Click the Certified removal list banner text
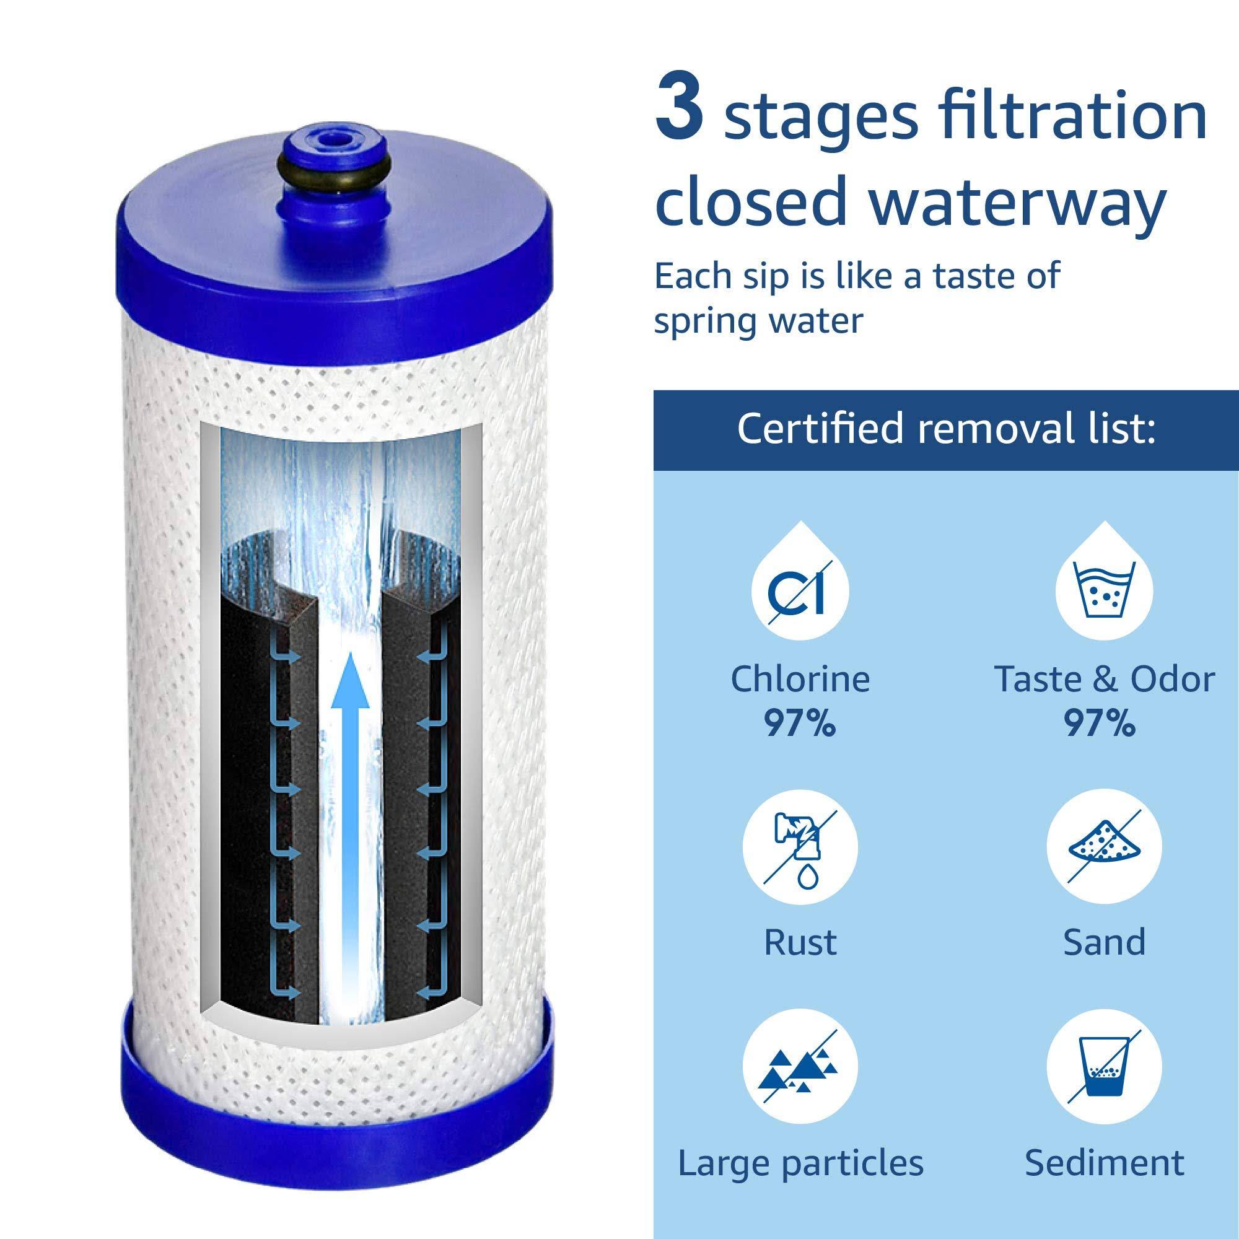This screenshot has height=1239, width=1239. pos(946,429)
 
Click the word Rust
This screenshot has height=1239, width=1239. pos(800,942)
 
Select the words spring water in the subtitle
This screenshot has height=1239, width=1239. pos(758,322)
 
